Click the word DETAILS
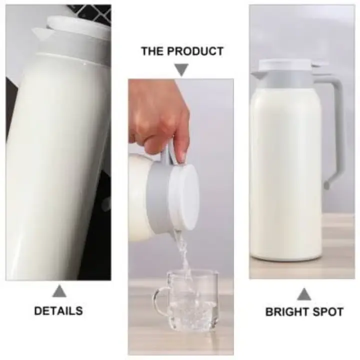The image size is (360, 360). tap(58, 310)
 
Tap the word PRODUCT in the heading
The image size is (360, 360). tap(198, 51)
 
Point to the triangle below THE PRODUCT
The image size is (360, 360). tap(181, 69)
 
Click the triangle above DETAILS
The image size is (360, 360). tap(59, 291)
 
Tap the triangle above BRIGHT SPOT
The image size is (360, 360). tap(303, 294)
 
